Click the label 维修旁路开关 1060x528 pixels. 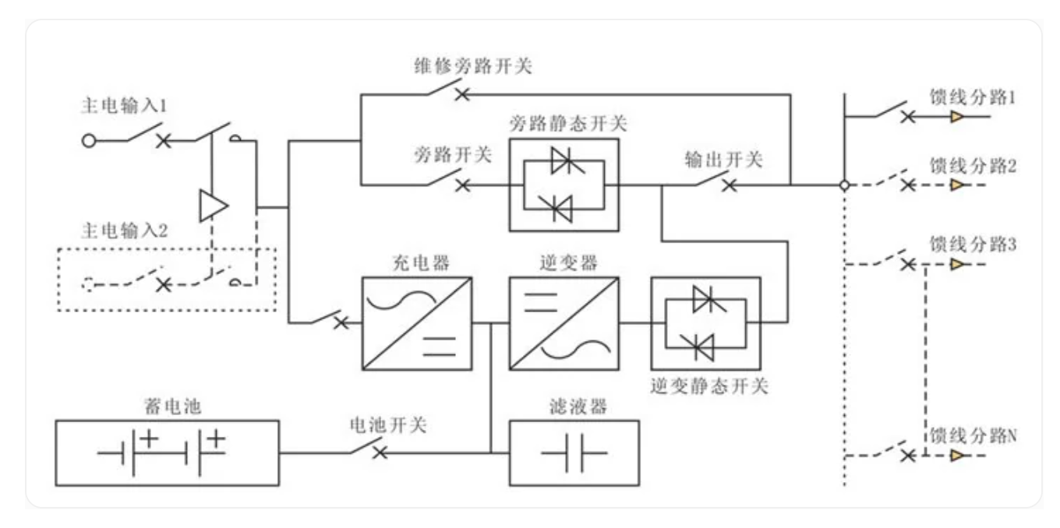point(473,66)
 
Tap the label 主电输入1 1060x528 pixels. point(125,105)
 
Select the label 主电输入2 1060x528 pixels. point(125,231)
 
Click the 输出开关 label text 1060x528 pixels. point(723,160)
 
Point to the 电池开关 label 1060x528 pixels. point(388,425)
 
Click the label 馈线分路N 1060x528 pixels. point(973,435)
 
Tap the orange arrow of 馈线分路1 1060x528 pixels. point(957,117)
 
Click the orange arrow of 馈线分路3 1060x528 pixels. point(957,264)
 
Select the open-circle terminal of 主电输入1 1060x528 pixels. point(89,141)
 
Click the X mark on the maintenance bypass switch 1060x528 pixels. point(462,94)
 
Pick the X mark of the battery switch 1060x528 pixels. point(380,452)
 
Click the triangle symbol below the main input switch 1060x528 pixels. point(214,206)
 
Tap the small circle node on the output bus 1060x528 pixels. point(845,185)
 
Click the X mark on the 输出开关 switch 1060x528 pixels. point(730,185)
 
